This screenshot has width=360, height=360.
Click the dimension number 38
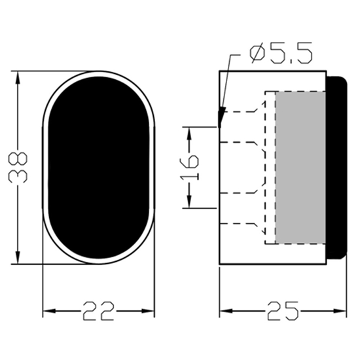(20, 167)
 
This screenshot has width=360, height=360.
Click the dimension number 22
(99, 310)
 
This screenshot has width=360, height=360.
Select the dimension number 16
(189, 168)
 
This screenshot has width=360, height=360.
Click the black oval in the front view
(99, 168)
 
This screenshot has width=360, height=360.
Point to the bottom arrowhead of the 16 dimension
(189, 204)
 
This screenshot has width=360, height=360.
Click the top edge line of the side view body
(272, 71)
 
